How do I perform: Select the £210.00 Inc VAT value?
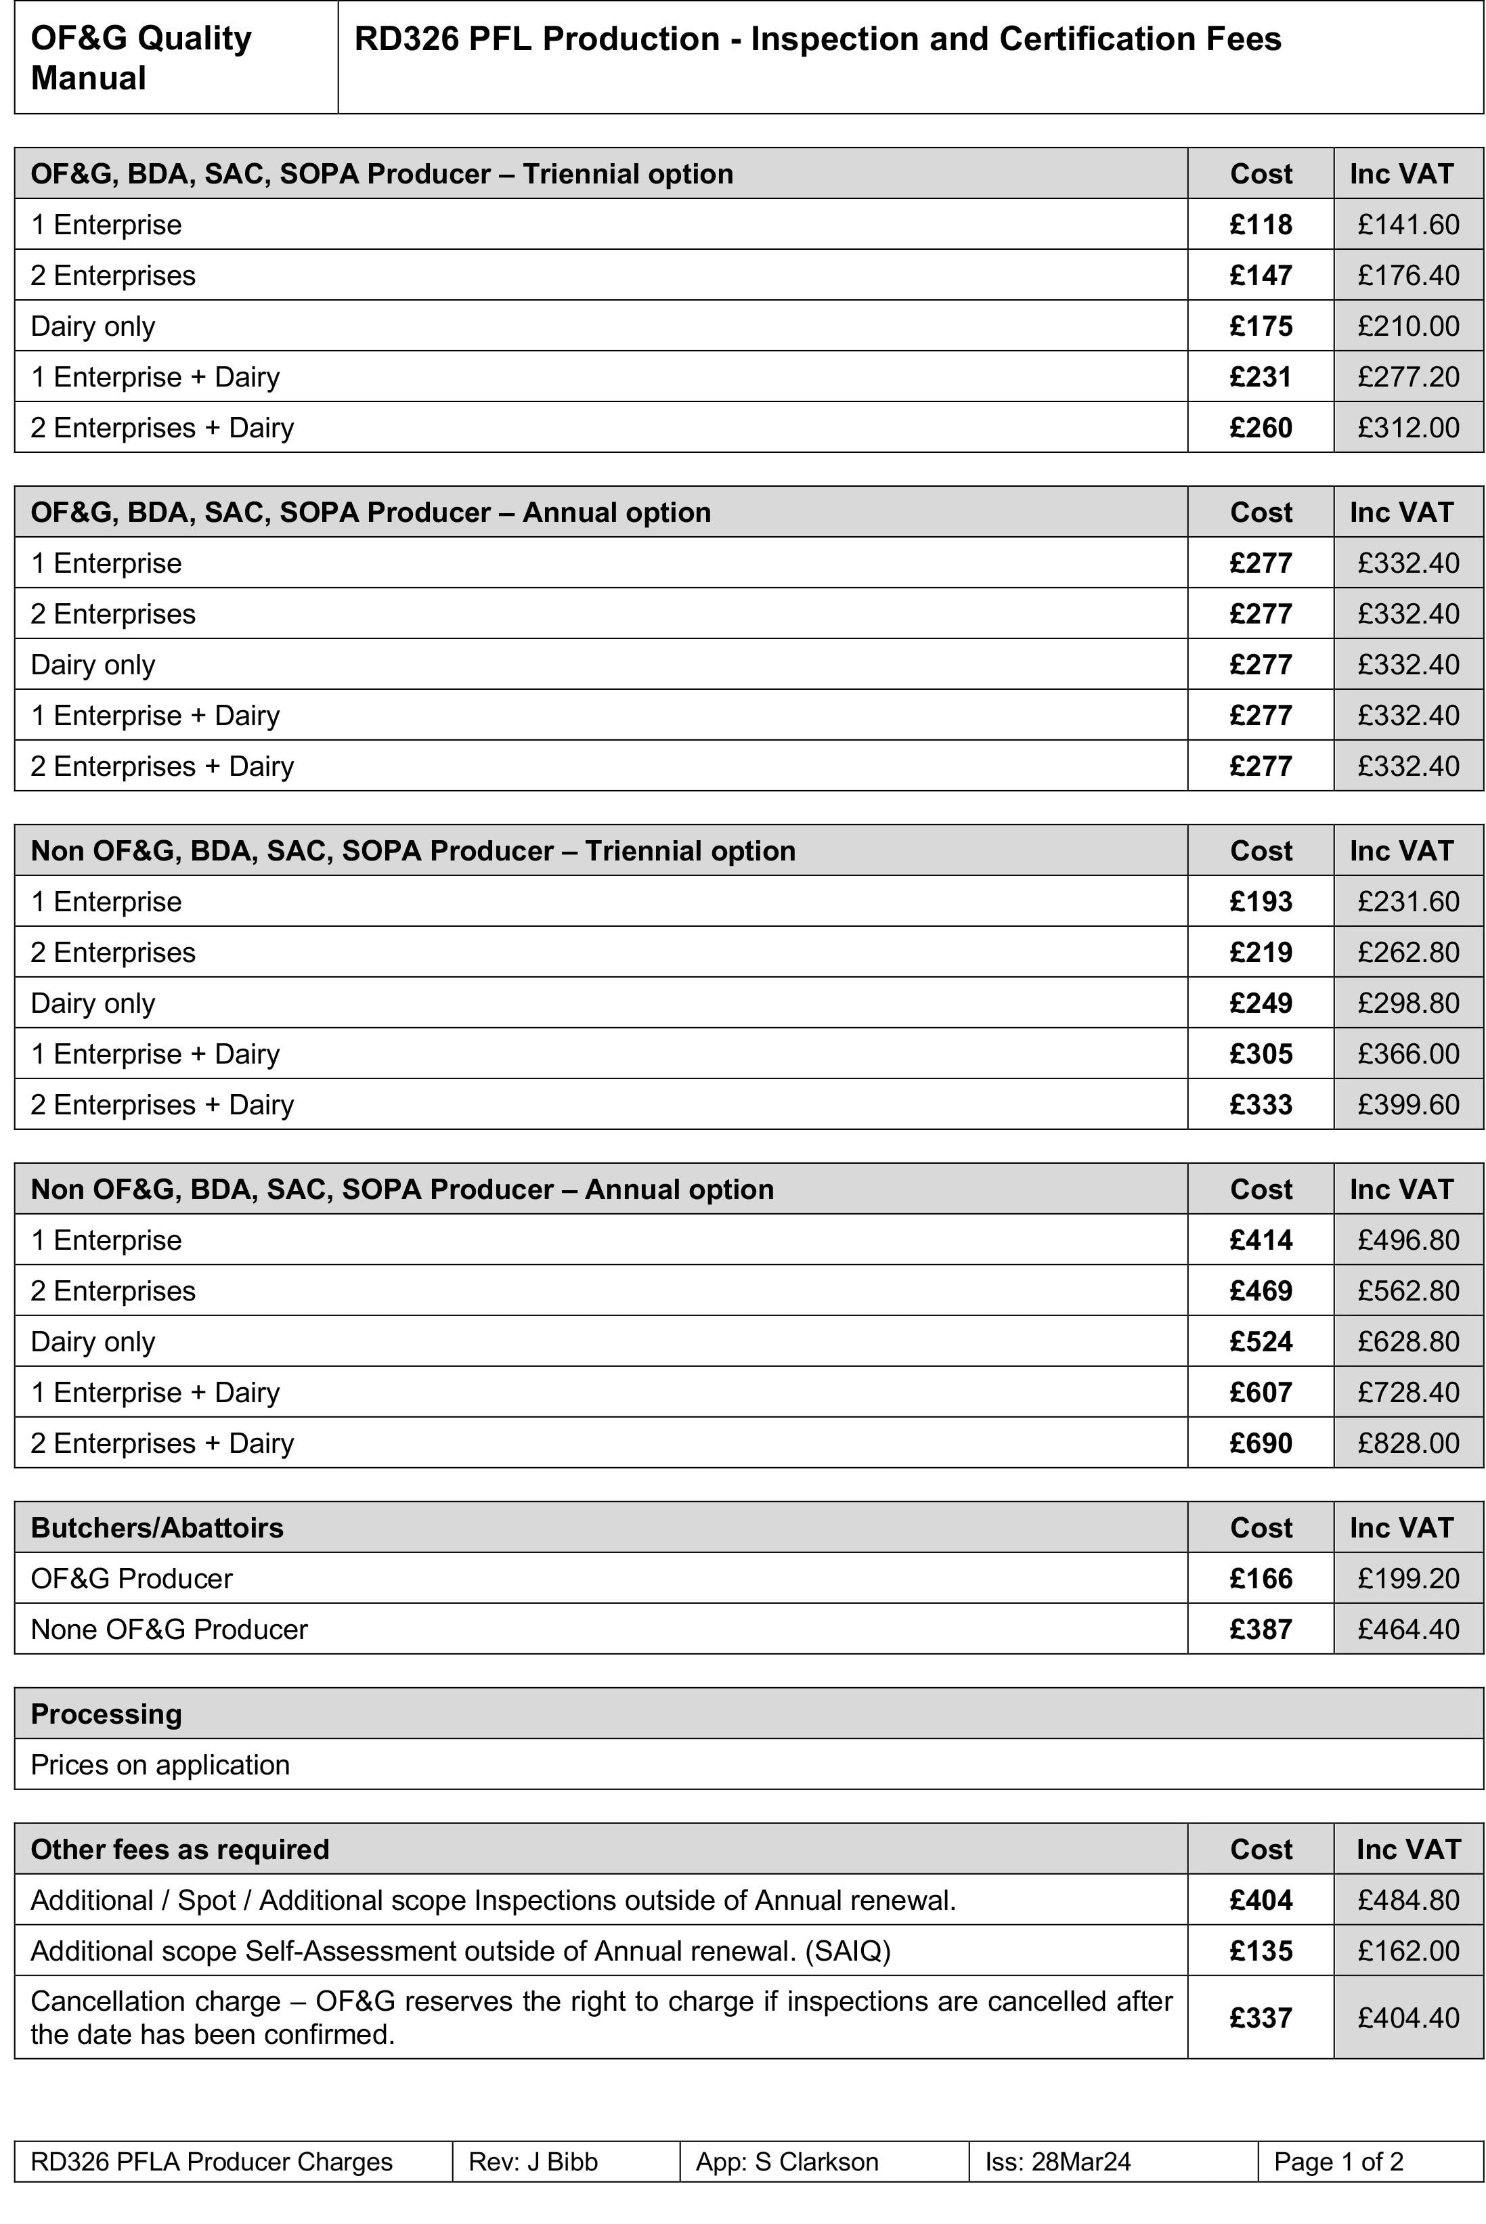(1407, 326)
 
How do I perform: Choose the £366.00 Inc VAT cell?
(1407, 1053)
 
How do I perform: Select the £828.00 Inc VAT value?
(1407, 1443)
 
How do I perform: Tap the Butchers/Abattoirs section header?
(157, 1527)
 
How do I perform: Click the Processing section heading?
(106, 1714)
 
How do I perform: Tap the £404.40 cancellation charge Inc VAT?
(1407, 2018)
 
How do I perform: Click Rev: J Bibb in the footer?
(533, 2162)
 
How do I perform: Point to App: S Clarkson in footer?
(787, 2162)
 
